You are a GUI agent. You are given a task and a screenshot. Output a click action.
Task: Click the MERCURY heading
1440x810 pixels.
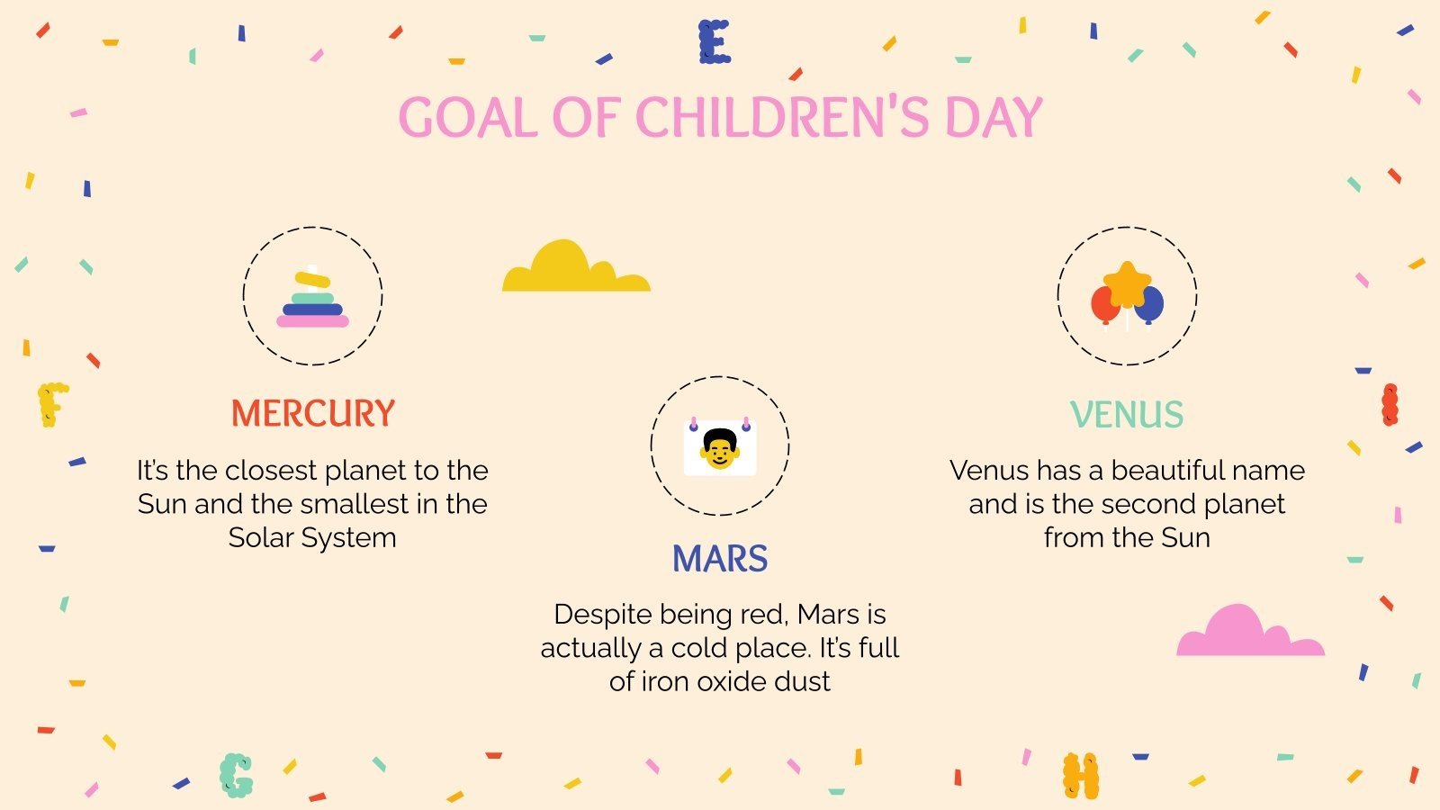click(x=312, y=413)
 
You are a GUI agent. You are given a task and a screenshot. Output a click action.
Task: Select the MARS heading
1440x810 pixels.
click(x=720, y=559)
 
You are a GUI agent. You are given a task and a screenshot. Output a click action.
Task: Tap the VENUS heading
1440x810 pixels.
click(x=1127, y=415)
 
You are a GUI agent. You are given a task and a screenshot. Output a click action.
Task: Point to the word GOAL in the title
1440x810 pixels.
click(x=468, y=118)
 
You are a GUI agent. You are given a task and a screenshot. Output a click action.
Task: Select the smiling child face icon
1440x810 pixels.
click(x=719, y=447)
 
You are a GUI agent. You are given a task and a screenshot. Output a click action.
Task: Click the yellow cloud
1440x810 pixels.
click(x=575, y=268)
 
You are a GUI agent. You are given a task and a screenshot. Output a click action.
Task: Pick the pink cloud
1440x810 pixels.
click(x=1249, y=632)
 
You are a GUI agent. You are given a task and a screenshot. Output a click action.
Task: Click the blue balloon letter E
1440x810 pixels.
click(x=715, y=41)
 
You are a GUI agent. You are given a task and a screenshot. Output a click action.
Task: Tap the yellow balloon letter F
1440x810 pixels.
click(x=52, y=404)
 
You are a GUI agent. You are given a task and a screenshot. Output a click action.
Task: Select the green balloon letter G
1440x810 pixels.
click(x=236, y=775)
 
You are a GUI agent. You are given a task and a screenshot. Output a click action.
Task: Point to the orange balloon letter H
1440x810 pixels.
click(x=1080, y=776)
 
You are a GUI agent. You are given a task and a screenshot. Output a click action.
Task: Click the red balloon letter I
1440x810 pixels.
click(x=1390, y=404)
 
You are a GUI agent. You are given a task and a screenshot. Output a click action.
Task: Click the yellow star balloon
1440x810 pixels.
click(x=1127, y=283)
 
